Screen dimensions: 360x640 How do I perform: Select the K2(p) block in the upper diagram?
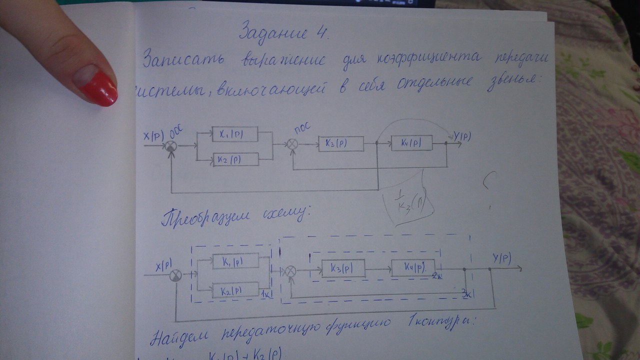coord(235,160)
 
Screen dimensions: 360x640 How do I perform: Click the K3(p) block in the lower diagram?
coord(343,268)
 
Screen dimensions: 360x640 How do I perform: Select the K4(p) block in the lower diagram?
coord(412,267)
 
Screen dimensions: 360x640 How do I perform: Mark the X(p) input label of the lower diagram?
coord(165,265)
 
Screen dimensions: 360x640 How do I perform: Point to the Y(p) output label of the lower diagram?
coord(501,258)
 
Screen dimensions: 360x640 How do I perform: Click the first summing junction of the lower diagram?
coord(176,275)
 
